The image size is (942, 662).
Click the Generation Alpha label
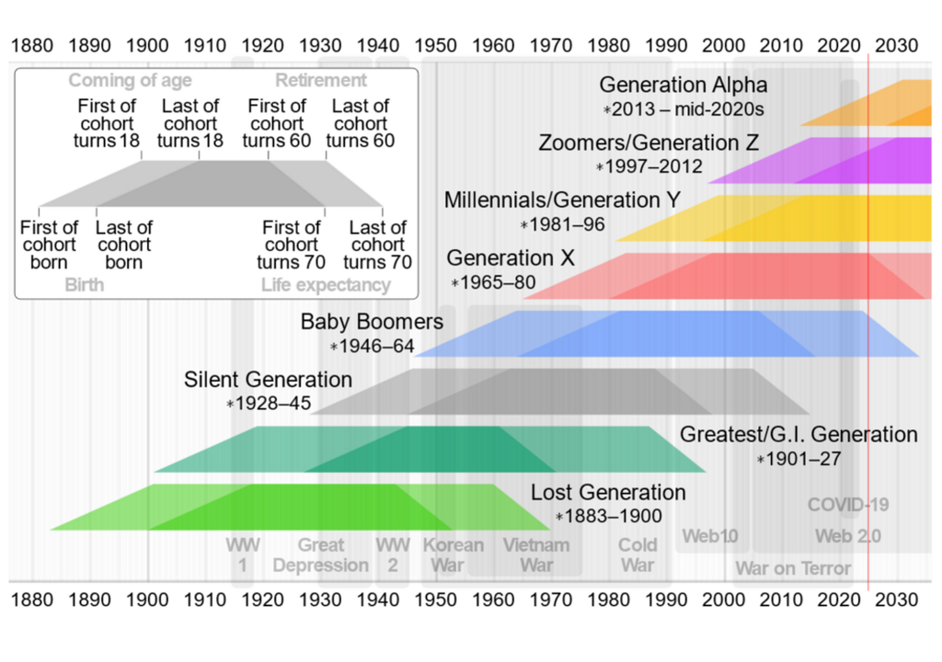[683, 86]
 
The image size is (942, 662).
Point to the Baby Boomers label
[372, 323]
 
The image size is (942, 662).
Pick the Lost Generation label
[608, 493]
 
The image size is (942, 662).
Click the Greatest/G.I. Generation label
[798, 434]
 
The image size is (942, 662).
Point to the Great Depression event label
[320, 555]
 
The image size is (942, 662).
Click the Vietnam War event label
[536, 555]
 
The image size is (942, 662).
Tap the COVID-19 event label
[848, 506]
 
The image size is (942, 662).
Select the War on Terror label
[793, 569]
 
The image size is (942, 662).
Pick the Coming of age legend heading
[130, 81]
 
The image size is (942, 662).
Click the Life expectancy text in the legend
[326, 285]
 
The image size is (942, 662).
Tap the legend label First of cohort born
[51, 245]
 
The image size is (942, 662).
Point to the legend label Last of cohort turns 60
[360, 123]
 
